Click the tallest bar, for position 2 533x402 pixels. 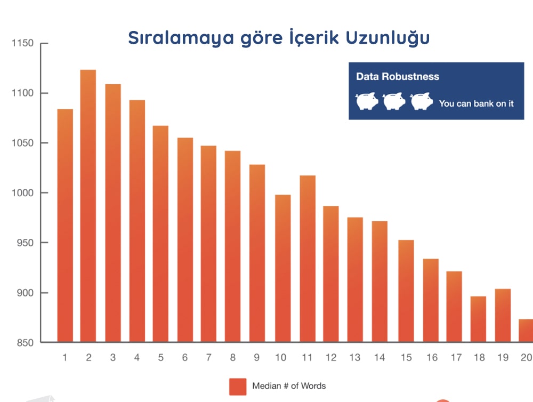coord(88,206)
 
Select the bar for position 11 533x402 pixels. coord(308,259)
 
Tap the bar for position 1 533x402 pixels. coord(65,226)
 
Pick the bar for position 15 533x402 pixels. coord(406,291)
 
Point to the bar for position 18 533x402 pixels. coord(478,319)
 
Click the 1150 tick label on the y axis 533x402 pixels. coord(22,43)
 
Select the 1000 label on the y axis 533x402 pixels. coord(22,193)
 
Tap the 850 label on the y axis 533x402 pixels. coord(25,343)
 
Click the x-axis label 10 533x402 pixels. coord(281,357)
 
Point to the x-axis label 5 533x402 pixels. coord(161,357)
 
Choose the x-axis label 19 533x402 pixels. coord(503,357)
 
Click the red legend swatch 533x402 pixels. coord(238,387)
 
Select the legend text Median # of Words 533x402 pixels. coord(289,386)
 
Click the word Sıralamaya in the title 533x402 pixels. coord(181,38)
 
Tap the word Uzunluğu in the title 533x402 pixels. coord(388,37)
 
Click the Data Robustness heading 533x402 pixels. coord(398,77)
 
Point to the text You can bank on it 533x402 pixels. coord(476,103)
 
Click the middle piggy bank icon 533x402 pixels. coord(394,101)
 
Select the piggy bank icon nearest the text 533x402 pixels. coord(422,101)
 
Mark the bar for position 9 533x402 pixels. coord(257,253)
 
